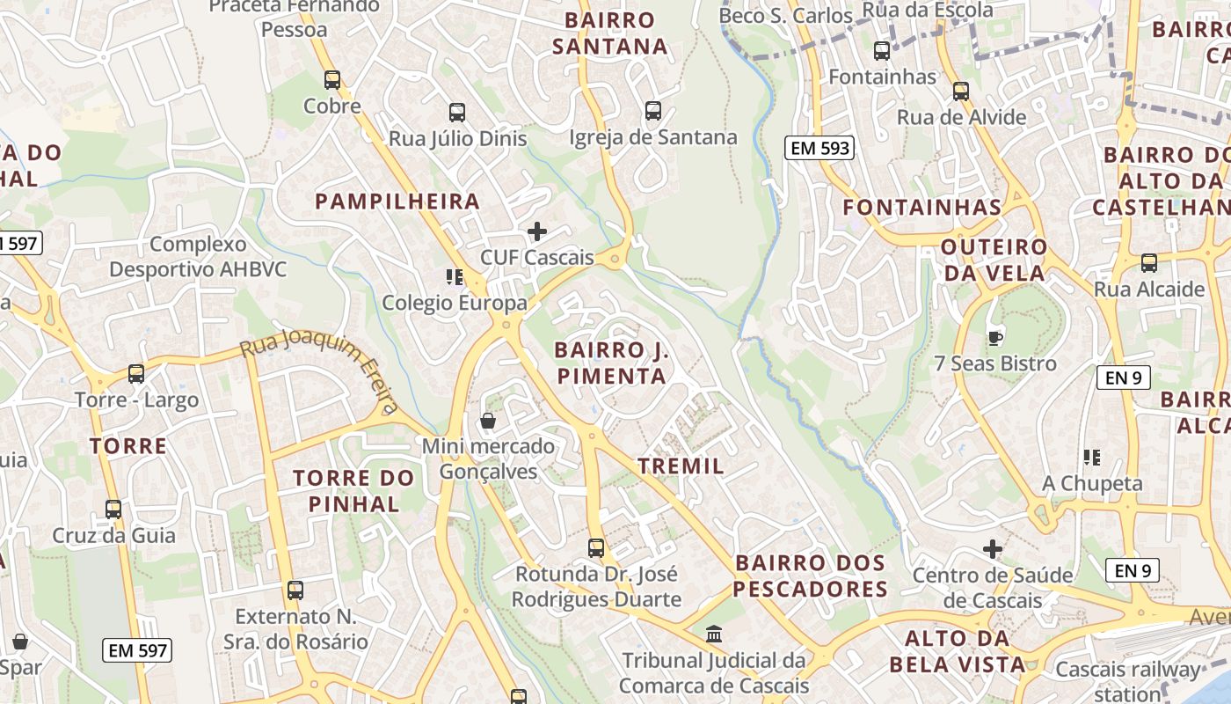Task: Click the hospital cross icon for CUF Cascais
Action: [x=536, y=231]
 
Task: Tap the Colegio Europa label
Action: [x=454, y=303]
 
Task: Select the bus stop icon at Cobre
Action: [x=332, y=80]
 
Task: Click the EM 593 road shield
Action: [x=819, y=148]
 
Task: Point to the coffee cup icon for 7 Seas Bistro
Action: [x=994, y=337]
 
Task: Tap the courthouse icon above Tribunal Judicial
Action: [x=714, y=634]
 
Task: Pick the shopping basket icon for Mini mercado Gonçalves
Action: [x=488, y=421]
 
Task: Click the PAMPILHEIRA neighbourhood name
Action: [x=397, y=202]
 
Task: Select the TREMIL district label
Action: [x=681, y=466]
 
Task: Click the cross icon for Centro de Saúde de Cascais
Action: [x=993, y=550]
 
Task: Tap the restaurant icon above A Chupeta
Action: [x=1092, y=457]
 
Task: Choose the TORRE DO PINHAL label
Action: [x=353, y=491]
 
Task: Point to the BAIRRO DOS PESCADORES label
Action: [x=810, y=576]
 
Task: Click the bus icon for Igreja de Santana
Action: [x=653, y=111]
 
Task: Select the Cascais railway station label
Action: [x=1127, y=681]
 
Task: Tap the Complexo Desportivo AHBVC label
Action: [x=198, y=256]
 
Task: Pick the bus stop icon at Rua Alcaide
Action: [x=1148, y=262]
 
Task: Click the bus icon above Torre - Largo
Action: [x=136, y=373]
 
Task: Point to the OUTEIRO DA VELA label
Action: [x=994, y=260]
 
